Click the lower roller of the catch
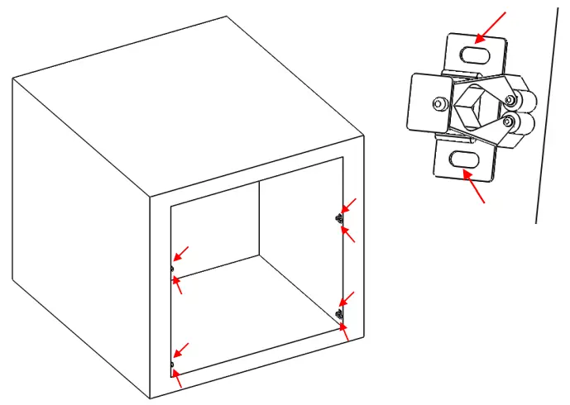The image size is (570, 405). point(520,124)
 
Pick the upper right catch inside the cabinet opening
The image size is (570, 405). point(339,218)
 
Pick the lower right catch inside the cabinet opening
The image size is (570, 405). point(339,314)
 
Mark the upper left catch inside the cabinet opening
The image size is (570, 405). point(171,269)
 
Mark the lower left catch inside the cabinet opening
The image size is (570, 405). point(171,364)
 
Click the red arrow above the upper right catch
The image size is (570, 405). point(349,204)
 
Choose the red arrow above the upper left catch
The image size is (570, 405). point(180,252)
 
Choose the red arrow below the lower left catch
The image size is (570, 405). point(177,379)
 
